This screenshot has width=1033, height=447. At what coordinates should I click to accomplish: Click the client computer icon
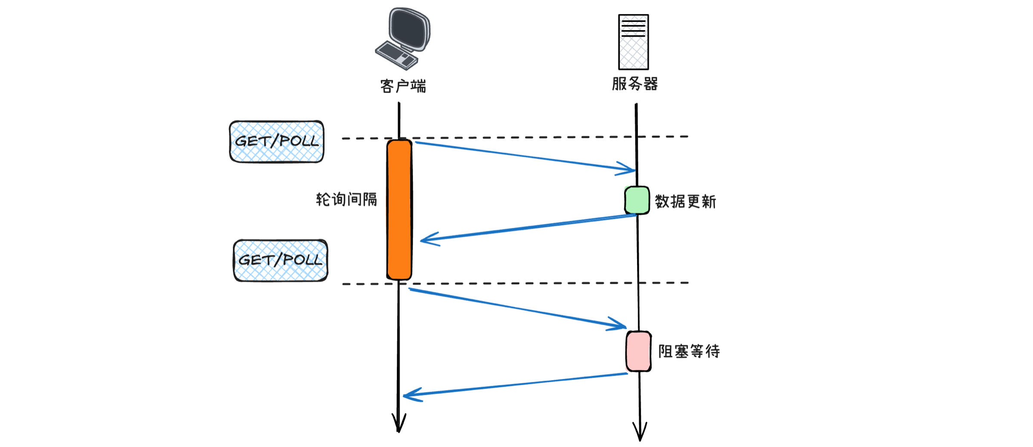click(403, 39)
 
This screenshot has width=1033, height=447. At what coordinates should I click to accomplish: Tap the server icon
click(633, 42)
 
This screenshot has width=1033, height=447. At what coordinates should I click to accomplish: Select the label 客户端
click(403, 86)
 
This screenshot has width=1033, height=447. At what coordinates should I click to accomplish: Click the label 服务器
click(635, 84)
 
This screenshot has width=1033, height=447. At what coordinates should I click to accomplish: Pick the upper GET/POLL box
click(277, 142)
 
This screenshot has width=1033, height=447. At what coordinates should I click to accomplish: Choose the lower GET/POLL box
click(281, 261)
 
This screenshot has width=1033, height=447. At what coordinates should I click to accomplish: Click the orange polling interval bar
click(399, 209)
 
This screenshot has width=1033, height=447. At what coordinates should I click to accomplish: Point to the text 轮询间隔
click(346, 199)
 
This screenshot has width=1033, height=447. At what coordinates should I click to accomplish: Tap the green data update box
click(637, 200)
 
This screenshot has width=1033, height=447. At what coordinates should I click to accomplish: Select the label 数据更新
click(685, 202)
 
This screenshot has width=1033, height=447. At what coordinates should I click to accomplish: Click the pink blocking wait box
click(638, 351)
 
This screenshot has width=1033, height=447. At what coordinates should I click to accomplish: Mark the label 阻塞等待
click(689, 351)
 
